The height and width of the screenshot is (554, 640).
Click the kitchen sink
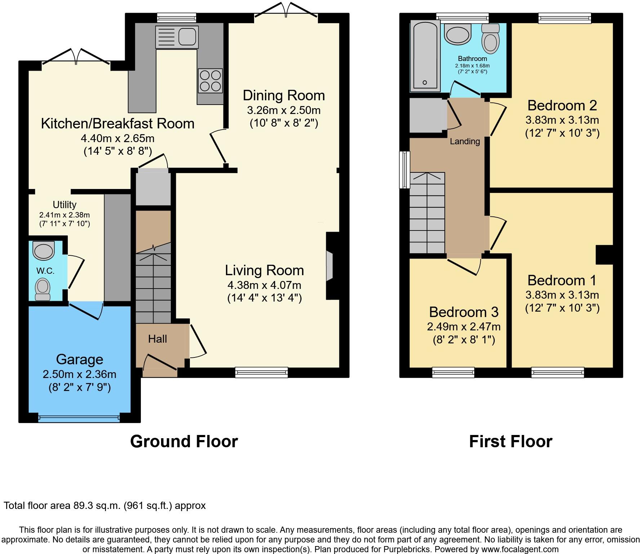(177, 36)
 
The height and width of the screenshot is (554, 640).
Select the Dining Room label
(284, 96)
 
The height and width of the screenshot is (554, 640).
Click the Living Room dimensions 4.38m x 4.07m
(264, 285)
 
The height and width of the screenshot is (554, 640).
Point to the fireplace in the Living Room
(330, 266)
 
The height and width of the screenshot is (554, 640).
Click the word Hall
(157, 339)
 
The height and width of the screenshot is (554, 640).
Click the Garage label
(80, 359)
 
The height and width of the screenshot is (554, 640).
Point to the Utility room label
(65, 205)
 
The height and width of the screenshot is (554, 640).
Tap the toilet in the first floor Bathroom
(490, 39)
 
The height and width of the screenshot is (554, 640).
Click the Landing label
(465, 141)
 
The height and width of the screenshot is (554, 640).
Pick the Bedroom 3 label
(463, 312)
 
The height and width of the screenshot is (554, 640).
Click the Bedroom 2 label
(562, 106)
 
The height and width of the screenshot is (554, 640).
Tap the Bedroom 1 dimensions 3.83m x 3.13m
(562, 295)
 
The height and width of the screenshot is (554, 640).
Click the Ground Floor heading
(184, 441)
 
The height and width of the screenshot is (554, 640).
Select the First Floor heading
(511, 441)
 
